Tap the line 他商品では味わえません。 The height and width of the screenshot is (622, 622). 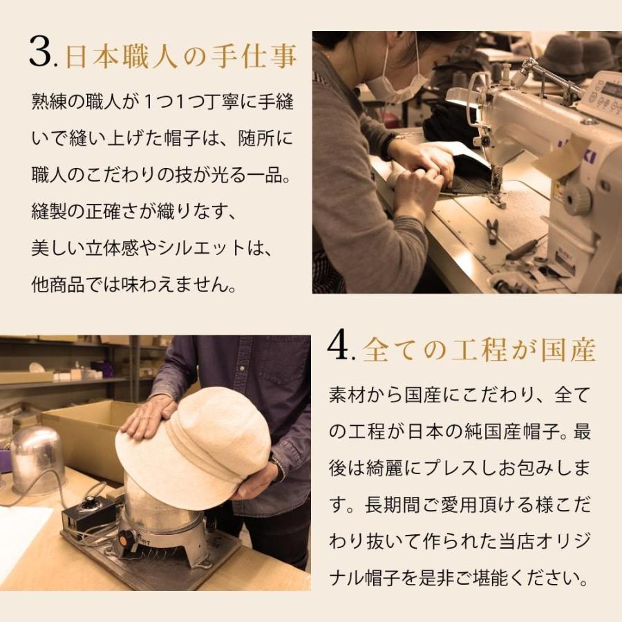[x=135, y=284]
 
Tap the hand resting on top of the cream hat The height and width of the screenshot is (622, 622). [x=149, y=417]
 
